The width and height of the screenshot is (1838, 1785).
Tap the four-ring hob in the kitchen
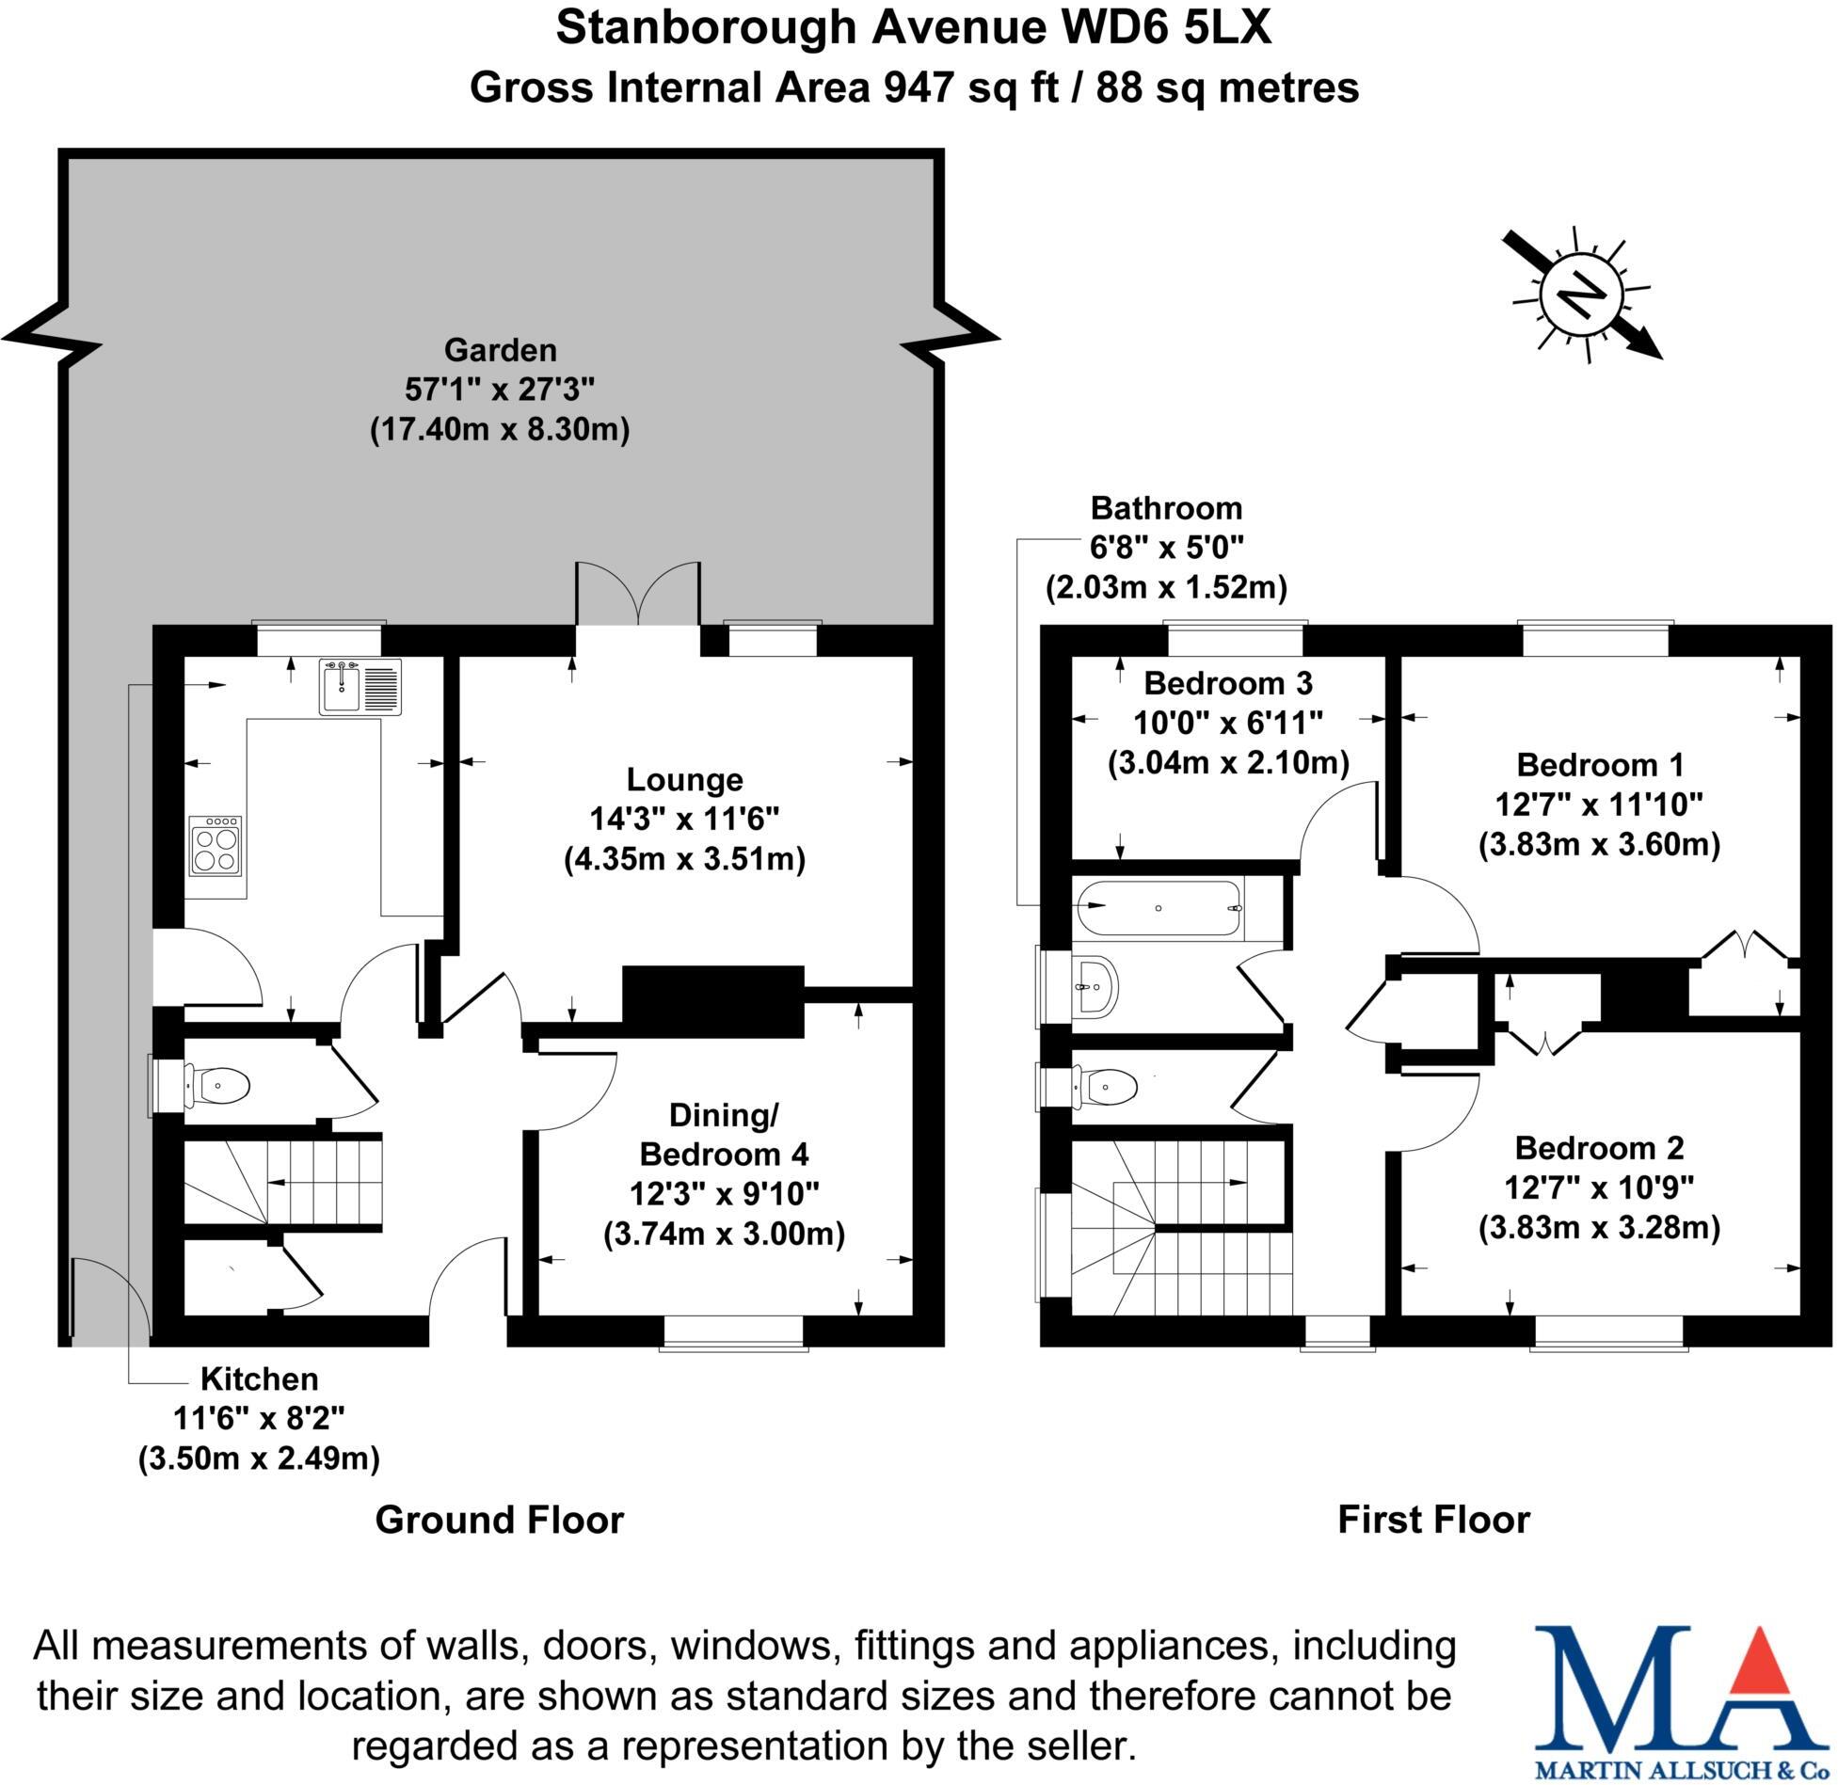(216, 845)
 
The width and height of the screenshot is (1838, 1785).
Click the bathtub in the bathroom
(1159, 908)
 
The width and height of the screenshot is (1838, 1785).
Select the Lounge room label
(684, 780)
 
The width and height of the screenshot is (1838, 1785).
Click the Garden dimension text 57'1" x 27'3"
(500, 390)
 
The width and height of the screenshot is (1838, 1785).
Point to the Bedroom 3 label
(1227, 682)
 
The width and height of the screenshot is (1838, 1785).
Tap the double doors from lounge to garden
(638, 595)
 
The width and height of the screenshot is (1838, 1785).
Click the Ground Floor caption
(499, 1520)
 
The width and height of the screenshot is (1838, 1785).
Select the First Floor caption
(1433, 1520)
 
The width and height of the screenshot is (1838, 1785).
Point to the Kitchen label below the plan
(260, 1379)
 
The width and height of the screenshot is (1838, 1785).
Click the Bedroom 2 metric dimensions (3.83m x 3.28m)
(1599, 1228)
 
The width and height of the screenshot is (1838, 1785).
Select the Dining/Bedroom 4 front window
(733, 1332)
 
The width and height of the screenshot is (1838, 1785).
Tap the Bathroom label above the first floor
(1166, 508)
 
